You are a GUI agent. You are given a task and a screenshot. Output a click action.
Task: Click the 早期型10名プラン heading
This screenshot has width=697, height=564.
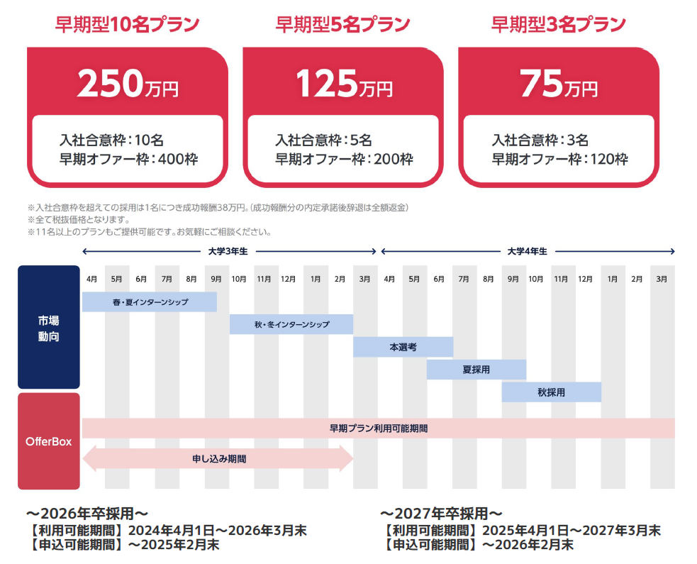tap(128, 25)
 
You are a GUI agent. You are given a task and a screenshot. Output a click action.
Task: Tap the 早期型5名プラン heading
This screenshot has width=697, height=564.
tap(343, 25)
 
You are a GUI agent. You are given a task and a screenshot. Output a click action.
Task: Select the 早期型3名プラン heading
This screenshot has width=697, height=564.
tap(559, 25)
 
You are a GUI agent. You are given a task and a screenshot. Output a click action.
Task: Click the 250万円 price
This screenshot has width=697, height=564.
tap(128, 84)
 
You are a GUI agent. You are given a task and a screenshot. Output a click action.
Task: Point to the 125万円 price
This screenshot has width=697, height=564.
tap(343, 84)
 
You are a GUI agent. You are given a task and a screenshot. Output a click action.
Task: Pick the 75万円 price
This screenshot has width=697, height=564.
tap(559, 84)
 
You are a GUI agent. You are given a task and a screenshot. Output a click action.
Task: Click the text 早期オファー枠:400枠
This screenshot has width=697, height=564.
tap(128, 159)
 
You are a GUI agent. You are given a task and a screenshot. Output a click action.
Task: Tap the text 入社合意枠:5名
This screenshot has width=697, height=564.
tap(323, 140)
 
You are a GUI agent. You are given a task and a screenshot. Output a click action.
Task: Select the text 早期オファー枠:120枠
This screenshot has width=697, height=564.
tap(559, 159)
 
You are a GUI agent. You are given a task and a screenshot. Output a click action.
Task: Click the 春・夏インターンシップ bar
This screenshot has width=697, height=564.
tap(150, 302)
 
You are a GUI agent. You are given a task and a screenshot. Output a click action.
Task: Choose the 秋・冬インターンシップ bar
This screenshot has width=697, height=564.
tap(291, 324)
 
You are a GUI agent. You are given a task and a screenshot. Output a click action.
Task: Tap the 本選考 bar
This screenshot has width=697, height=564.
tap(403, 347)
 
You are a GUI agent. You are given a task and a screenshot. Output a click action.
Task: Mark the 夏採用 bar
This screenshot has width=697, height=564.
tap(476, 370)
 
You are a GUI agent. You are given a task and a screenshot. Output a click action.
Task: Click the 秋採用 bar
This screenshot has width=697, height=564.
tap(551, 392)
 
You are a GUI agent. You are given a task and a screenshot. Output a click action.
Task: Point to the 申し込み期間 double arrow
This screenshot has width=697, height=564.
tap(218, 459)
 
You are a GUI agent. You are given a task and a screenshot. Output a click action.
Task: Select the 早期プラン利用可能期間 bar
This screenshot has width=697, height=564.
tap(379, 428)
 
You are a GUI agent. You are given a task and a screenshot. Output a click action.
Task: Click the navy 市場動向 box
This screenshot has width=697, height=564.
tap(49, 327)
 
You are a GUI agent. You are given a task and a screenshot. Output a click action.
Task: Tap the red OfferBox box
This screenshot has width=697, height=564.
tap(49, 441)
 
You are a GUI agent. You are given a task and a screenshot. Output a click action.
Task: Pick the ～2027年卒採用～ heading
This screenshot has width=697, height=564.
tap(441, 513)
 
